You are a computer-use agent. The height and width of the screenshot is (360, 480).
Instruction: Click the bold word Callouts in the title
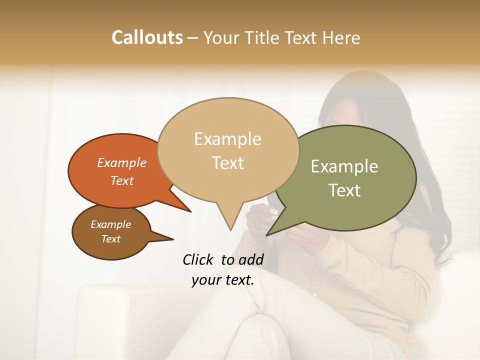click(x=147, y=37)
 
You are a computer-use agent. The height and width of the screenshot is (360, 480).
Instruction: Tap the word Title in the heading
click(x=263, y=37)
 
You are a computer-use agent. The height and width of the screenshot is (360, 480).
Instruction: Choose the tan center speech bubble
click(x=228, y=150)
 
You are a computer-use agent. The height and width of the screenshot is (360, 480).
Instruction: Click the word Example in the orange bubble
click(x=122, y=163)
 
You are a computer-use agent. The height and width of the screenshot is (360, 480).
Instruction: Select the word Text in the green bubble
click(x=345, y=190)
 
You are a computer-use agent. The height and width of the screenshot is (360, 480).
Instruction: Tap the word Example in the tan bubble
click(x=228, y=139)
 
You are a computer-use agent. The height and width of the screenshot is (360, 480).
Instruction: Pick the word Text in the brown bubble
click(x=111, y=239)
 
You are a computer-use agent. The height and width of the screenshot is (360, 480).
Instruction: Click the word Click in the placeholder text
click(x=198, y=259)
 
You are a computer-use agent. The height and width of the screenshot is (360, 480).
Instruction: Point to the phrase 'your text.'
click(x=223, y=280)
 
